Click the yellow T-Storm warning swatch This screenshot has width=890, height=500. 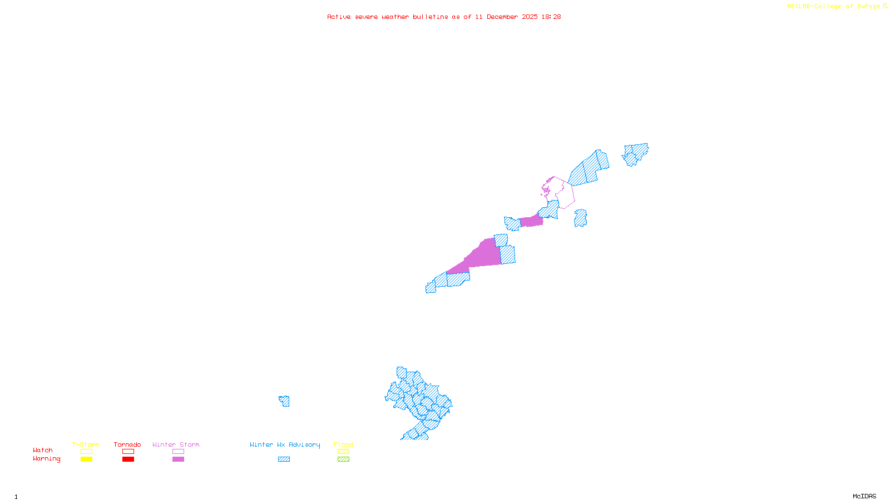(x=86, y=459)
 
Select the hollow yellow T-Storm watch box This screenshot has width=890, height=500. (x=86, y=452)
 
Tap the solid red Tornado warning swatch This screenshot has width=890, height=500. (x=128, y=459)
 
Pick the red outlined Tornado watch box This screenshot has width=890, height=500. (x=128, y=452)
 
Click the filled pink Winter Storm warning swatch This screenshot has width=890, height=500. (x=178, y=459)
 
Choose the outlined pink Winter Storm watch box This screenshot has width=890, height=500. (x=178, y=452)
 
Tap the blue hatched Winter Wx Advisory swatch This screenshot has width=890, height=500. (x=284, y=459)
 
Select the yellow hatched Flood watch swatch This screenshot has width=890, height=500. (x=343, y=452)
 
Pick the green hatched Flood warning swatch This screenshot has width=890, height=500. (x=343, y=459)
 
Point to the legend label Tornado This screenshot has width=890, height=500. (x=127, y=444)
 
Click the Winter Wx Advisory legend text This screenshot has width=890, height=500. (x=285, y=444)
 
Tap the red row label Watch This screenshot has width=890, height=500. (x=43, y=451)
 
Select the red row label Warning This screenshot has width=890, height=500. (x=46, y=459)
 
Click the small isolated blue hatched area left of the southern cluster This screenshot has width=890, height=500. (x=284, y=401)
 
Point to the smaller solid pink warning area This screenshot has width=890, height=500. (x=531, y=221)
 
